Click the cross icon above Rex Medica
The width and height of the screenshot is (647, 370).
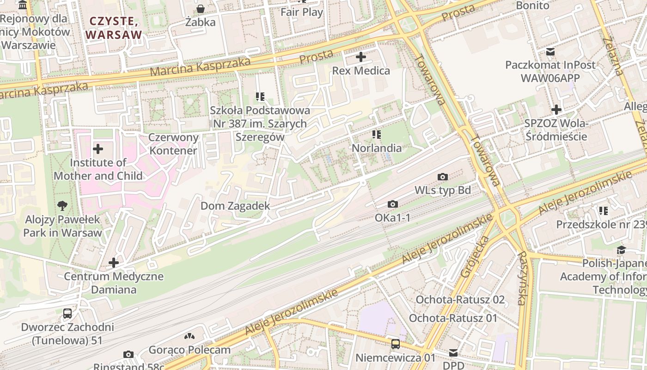click(361, 57)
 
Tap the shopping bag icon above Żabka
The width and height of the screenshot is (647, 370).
click(201, 9)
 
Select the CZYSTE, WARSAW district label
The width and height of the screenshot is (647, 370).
click(114, 28)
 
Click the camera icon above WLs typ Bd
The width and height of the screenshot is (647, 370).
click(442, 177)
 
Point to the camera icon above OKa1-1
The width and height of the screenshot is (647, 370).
click(392, 204)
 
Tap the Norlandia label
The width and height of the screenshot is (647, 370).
click(377, 148)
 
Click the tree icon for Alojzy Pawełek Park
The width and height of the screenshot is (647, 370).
click(62, 206)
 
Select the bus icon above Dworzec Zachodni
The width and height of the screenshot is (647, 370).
click(67, 314)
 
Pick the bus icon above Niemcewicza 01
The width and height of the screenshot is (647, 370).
click(396, 344)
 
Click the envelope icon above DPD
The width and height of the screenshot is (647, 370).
click(453, 353)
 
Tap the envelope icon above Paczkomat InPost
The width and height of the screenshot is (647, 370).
click(550, 51)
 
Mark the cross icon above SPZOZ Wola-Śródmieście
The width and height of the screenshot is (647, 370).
click(556, 110)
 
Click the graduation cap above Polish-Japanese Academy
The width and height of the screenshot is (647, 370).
click(621, 250)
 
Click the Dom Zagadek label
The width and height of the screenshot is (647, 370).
click(235, 206)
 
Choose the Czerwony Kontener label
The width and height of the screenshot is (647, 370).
click(173, 144)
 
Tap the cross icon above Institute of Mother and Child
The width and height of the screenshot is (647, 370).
click(98, 149)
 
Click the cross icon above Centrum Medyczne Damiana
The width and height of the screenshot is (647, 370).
click(114, 263)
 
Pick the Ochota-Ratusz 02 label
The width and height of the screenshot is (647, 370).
click(460, 299)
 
